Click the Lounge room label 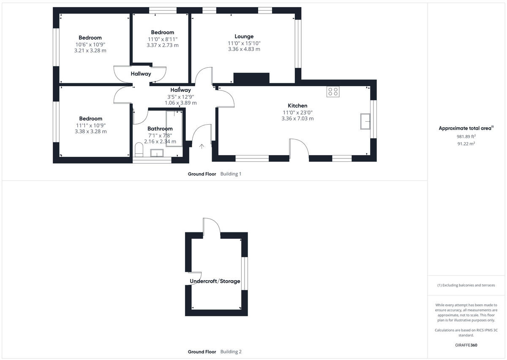click(244, 36)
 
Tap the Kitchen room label click(297, 106)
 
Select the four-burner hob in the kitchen click(333, 92)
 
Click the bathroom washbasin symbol click(157, 153)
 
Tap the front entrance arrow click(202, 147)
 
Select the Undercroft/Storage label click(215, 281)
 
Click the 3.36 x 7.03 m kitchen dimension click(297, 119)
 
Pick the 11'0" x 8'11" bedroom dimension click(162, 39)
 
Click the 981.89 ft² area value click(466, 136)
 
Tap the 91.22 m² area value click(466, 144)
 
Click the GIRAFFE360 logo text click(466, 345)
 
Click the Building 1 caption click(231, 174)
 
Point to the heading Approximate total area click(466, 128)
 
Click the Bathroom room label click(160, 129)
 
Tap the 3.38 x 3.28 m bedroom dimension click(91, 131)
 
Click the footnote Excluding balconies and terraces click(466, 285)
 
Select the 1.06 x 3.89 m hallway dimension click(180, 103)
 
